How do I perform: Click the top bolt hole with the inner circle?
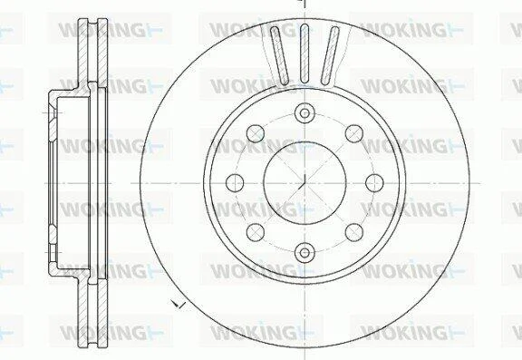coord(304,113)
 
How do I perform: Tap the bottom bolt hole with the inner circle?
coord(304,253)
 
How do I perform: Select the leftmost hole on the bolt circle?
coord(235,183)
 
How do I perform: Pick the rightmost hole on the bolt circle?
coord(374,183)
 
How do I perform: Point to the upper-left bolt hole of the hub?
coord(256,133)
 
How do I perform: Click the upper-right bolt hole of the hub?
coord(353,133)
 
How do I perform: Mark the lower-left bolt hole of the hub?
coord(256,232)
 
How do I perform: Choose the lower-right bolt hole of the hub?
coord(353,232)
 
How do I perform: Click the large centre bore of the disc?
coord(304,183)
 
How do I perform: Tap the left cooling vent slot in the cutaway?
coord(279,55)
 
